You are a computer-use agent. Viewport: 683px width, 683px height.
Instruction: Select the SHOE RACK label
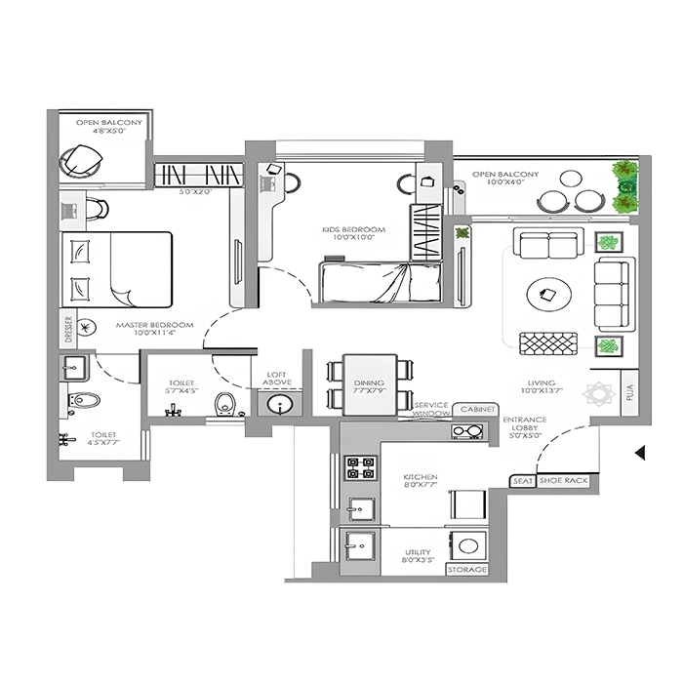click(x=564, y=481)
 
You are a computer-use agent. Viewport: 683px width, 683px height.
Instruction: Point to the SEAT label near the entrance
click(x=522, y=481)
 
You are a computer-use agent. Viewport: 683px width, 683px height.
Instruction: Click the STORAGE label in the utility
click(x=465, y=569)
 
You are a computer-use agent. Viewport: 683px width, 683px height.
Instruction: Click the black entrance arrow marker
click(x=640, y=452)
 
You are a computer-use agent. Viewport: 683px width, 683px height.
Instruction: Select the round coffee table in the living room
click(x=547, y=294)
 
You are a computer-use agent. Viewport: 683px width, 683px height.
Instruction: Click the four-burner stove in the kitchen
click(x=359, y=467)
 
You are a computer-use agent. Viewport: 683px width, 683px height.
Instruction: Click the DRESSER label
click(x=68, y=327)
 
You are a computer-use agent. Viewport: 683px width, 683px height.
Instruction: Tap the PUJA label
click(x=629, y=393)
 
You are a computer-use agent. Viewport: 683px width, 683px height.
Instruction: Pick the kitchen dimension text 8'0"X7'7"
click(x=420, y=485)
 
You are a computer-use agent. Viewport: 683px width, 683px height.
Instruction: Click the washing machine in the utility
click(x=468, y=544)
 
